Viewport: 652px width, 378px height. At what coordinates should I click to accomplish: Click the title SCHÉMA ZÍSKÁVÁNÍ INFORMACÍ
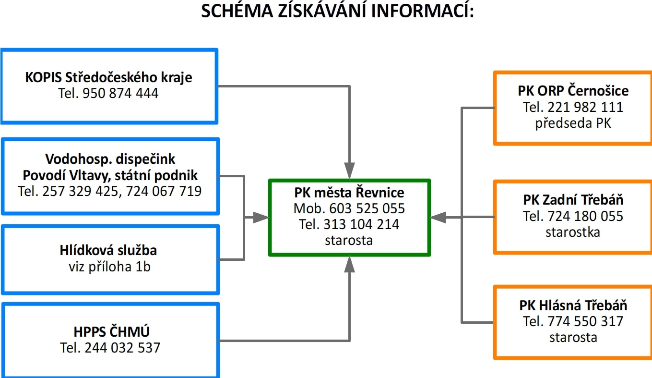[337, 11]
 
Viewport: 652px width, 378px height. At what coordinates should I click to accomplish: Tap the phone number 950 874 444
[120, 93]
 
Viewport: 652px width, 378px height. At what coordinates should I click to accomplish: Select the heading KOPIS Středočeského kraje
[108, 77]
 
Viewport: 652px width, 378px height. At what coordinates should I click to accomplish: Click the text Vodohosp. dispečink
[110, 159]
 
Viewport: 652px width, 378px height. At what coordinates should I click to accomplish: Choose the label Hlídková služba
[108, 250]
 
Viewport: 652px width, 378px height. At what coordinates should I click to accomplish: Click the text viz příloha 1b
[109, 267]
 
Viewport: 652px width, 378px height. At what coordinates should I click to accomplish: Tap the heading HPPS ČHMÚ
[111, 331]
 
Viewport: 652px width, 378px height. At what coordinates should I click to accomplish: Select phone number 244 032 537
[122, 348]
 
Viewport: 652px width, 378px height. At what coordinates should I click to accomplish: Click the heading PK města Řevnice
[349, 192]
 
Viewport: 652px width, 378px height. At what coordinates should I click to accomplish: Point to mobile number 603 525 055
[367, 208]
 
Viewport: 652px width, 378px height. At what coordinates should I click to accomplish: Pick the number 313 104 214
[361, 224]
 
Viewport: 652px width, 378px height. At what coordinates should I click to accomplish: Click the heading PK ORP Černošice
[573, 91]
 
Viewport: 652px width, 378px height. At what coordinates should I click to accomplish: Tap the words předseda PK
[573, 123]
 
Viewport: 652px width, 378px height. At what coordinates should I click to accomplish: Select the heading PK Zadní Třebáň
[573, 200]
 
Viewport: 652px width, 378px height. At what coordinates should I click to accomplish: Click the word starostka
[573, 232]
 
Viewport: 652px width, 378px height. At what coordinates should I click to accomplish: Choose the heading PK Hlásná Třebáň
[573, 305]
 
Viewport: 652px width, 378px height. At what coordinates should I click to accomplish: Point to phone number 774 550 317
[585, 321]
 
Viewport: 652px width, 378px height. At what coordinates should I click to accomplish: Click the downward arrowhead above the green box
[349, 171]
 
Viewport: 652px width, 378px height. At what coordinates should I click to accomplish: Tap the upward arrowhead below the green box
[349, 265]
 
